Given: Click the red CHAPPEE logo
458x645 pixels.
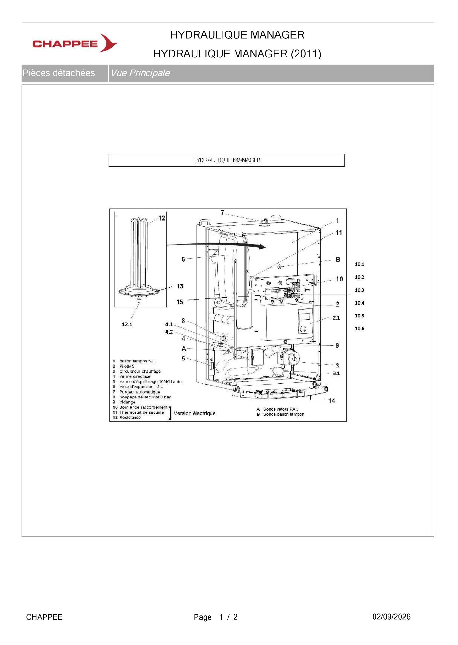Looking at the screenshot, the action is coord(75,43).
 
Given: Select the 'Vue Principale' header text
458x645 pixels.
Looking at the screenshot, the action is coord(140,73).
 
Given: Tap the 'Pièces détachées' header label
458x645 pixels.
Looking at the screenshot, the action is coord(58,73).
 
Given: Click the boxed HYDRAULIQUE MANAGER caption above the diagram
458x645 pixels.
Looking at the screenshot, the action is coord(226,160).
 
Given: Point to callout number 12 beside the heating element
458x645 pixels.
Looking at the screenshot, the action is coord(162,218).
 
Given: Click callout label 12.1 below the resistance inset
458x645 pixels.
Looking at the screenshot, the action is coord(127,324).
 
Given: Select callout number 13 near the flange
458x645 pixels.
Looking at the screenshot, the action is coord(180,286).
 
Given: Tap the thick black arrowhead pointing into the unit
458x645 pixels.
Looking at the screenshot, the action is coord(261,247).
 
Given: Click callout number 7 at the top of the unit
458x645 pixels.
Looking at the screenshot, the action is coord(222,213).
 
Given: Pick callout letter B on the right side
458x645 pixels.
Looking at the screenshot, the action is coord(338,259).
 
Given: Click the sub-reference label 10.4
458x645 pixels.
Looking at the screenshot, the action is coord(360,303).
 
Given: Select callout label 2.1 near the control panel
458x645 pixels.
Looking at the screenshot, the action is coord(336,318).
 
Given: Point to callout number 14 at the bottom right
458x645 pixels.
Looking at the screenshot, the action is coord(331,401).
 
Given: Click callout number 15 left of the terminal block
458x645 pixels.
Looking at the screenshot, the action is coord(180,302).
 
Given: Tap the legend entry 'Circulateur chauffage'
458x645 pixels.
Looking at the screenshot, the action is coord(140,371).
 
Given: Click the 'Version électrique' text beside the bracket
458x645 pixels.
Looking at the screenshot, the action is coord(195,413).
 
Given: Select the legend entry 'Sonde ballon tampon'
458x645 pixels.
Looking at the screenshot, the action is coord(284,414).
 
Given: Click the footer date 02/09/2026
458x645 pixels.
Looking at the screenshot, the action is coord(391,617).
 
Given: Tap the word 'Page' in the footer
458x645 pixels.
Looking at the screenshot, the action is coord(203,617).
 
